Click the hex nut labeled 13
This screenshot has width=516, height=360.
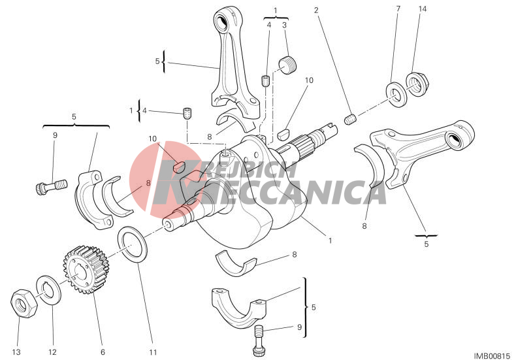(24, 303)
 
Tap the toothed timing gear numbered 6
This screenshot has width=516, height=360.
(86, 270)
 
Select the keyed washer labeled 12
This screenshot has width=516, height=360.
(48, 291)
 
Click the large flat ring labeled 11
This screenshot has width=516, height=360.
(133, 244)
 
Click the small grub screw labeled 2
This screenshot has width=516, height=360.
(350, 119)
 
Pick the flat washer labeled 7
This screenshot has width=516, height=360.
(396, 94)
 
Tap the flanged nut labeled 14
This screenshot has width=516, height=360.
(416, 84)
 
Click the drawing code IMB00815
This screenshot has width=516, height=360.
(492, 355)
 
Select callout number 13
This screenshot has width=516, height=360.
(16, 352)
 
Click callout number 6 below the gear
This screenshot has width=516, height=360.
(103, 352)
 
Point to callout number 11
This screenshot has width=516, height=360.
(153, 352)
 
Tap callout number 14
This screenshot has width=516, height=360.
(422, 9)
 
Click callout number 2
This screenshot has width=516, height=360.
(316, 10)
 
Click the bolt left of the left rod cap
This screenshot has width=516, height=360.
(51, 187)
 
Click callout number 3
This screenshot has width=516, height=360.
(284, 25)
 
